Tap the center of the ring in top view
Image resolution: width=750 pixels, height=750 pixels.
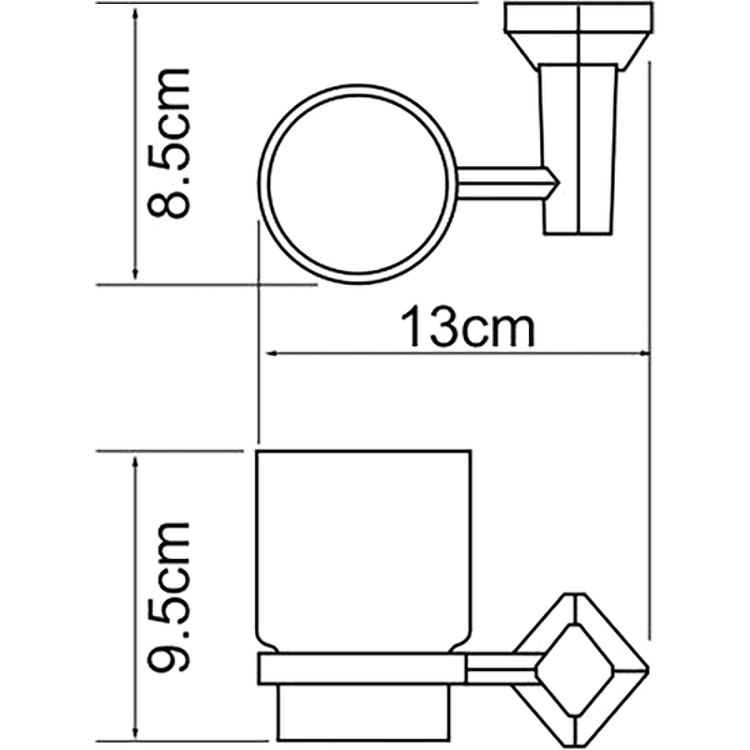(357, 185)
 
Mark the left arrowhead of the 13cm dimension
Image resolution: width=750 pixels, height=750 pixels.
(266, 353)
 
